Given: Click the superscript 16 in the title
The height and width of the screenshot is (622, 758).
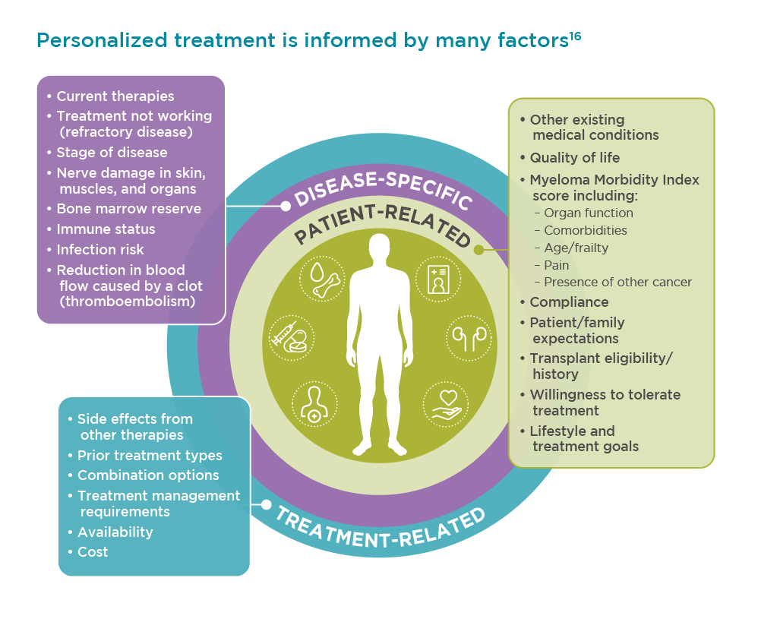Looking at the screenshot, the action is [x=575, y=36].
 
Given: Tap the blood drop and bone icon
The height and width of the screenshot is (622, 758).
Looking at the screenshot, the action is [x=322, y=279].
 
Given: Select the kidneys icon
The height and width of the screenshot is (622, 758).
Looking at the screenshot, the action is [x=469, y=337].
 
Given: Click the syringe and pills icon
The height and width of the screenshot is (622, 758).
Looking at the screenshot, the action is [x=292, y=337].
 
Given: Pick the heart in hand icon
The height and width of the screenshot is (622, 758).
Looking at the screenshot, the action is [x=446, y=405].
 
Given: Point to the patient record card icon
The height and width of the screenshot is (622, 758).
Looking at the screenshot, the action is [x=438, y=279].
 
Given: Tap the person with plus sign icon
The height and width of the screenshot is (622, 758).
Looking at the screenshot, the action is [x=314, y=405].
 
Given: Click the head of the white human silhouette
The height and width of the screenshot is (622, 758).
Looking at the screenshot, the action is [x=380, y=248].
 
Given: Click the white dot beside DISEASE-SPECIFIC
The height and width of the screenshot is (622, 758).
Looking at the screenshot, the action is [x=286, y=206].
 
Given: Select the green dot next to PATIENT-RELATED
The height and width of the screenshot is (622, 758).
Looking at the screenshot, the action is [x=478, y=250].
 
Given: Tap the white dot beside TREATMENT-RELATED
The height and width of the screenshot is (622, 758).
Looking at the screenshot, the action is [x=266, y=504].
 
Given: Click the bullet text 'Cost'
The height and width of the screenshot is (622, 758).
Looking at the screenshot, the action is [x=93, y=552].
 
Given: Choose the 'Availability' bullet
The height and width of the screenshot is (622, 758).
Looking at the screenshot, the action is [x=115, y=532].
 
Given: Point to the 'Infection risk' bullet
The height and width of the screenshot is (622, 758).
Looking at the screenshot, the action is [x=100, y=249].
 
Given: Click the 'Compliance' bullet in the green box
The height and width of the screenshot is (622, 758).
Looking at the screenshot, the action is [x=569, y=302].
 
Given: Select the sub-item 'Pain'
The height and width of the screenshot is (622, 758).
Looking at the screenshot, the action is [x=557, y=265].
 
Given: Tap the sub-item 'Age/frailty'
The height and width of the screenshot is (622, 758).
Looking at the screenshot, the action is [x=576, y=248].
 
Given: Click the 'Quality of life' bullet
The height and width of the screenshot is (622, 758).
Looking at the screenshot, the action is [x=575, y=157].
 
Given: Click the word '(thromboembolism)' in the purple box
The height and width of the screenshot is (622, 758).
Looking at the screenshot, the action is [x=128, y=302].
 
